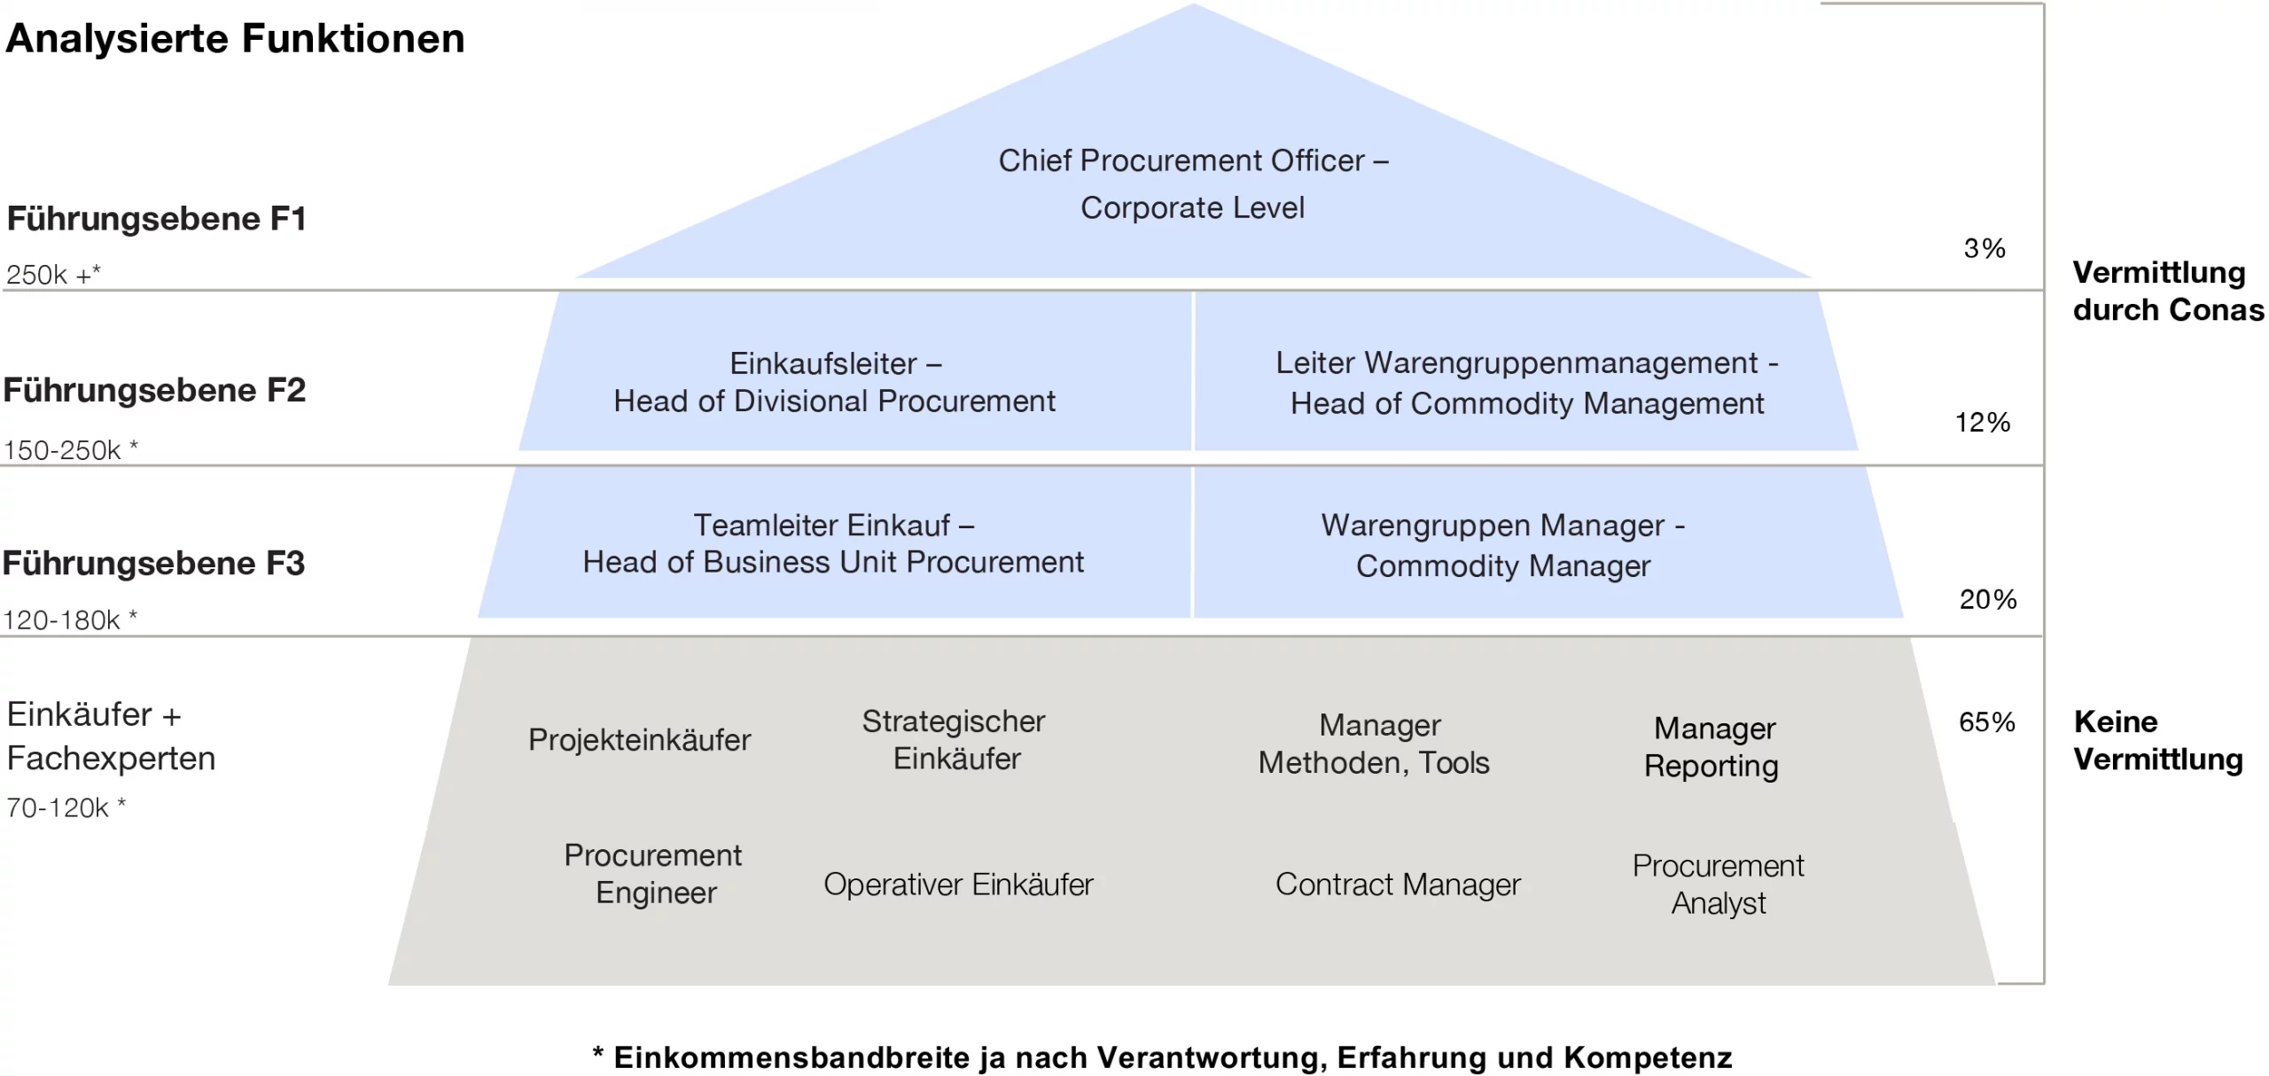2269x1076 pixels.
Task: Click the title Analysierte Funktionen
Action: [235, 39]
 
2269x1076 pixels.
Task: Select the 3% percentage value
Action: [1984, 248]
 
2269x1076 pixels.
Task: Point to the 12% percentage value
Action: [1982, 422]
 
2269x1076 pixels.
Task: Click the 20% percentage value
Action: [1987, 599]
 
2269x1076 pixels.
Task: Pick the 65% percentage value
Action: [1986, 721]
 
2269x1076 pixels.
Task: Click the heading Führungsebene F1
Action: [157, 219]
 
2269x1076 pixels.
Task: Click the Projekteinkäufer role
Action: [639, 739]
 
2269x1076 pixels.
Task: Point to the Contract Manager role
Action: [1398, 884]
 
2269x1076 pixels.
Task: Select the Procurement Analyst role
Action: [1718, 884]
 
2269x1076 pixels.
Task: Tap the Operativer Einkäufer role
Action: [958, 884]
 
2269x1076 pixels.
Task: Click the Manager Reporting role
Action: [1712, 746]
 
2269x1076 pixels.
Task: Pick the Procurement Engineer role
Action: [654, 873]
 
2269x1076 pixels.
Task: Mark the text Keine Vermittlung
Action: [2158, 740]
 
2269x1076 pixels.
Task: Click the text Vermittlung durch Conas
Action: [2167, 291]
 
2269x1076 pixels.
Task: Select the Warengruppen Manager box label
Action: [1503, 545]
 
